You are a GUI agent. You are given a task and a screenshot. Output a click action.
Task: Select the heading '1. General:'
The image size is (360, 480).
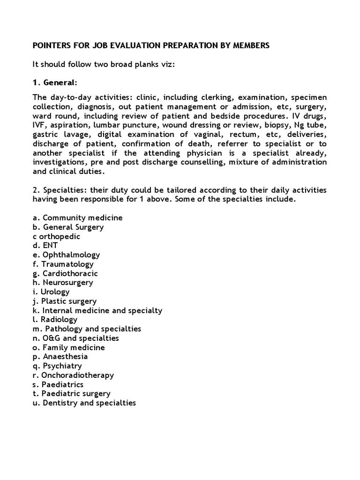tap(54, 83)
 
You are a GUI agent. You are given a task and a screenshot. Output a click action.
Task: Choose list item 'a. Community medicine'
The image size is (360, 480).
tap(77, 218)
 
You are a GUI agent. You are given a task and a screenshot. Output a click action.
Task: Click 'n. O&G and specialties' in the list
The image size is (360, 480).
tap(75, 338)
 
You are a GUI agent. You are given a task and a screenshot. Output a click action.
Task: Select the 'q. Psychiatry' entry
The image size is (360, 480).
tap(57, 366)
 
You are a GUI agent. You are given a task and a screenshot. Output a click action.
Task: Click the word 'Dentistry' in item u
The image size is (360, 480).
tap(60, 403)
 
